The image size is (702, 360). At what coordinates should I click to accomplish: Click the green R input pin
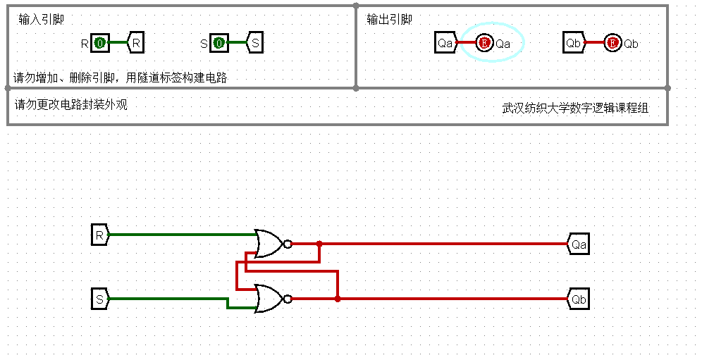pos(100,44)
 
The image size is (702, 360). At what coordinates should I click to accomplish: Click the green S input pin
pos(219,44)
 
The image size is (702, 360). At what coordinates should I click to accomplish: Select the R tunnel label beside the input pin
pos(136,44)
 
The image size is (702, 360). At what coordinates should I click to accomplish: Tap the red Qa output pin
pos(484,44)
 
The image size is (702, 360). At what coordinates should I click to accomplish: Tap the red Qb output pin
pos(612,44)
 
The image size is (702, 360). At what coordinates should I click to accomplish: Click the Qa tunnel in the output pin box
pos(445,44)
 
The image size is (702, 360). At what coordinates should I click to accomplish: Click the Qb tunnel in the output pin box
pos(574,44)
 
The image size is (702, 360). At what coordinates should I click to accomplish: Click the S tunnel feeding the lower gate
pos(100,299)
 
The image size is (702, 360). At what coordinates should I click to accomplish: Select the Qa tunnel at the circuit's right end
pos(578,244)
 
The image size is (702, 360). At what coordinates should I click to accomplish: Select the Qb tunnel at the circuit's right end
pos(578,299)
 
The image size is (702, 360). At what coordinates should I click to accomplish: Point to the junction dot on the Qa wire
pos(319,244)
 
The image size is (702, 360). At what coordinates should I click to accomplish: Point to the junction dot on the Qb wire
pos(338,299)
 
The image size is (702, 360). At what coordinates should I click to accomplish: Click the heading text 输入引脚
pos(41,20)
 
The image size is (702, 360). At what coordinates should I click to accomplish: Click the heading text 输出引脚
pos(389,20)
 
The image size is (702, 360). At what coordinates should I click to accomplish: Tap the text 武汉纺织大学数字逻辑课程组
pos(575,108)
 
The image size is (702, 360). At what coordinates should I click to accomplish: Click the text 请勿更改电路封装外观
pos(71,105)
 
